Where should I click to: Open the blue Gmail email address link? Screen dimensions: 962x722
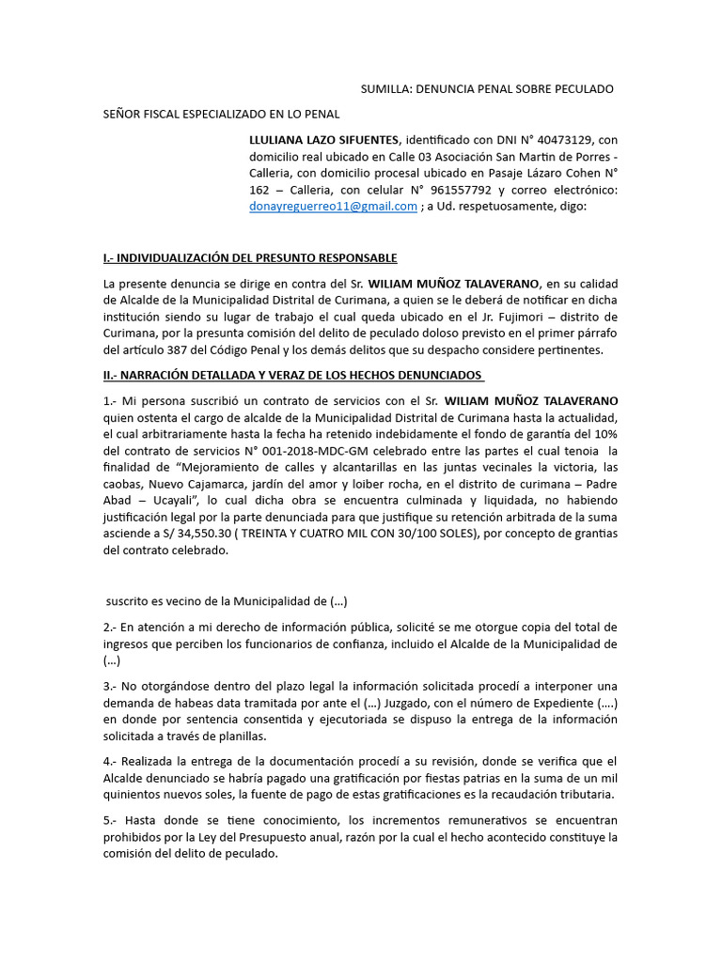click(x=333, y=207)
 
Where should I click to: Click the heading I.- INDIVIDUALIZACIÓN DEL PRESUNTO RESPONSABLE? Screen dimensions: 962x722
click(x=249, y=257)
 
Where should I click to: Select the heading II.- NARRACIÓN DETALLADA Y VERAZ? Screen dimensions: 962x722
click(x=292, y=375)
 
